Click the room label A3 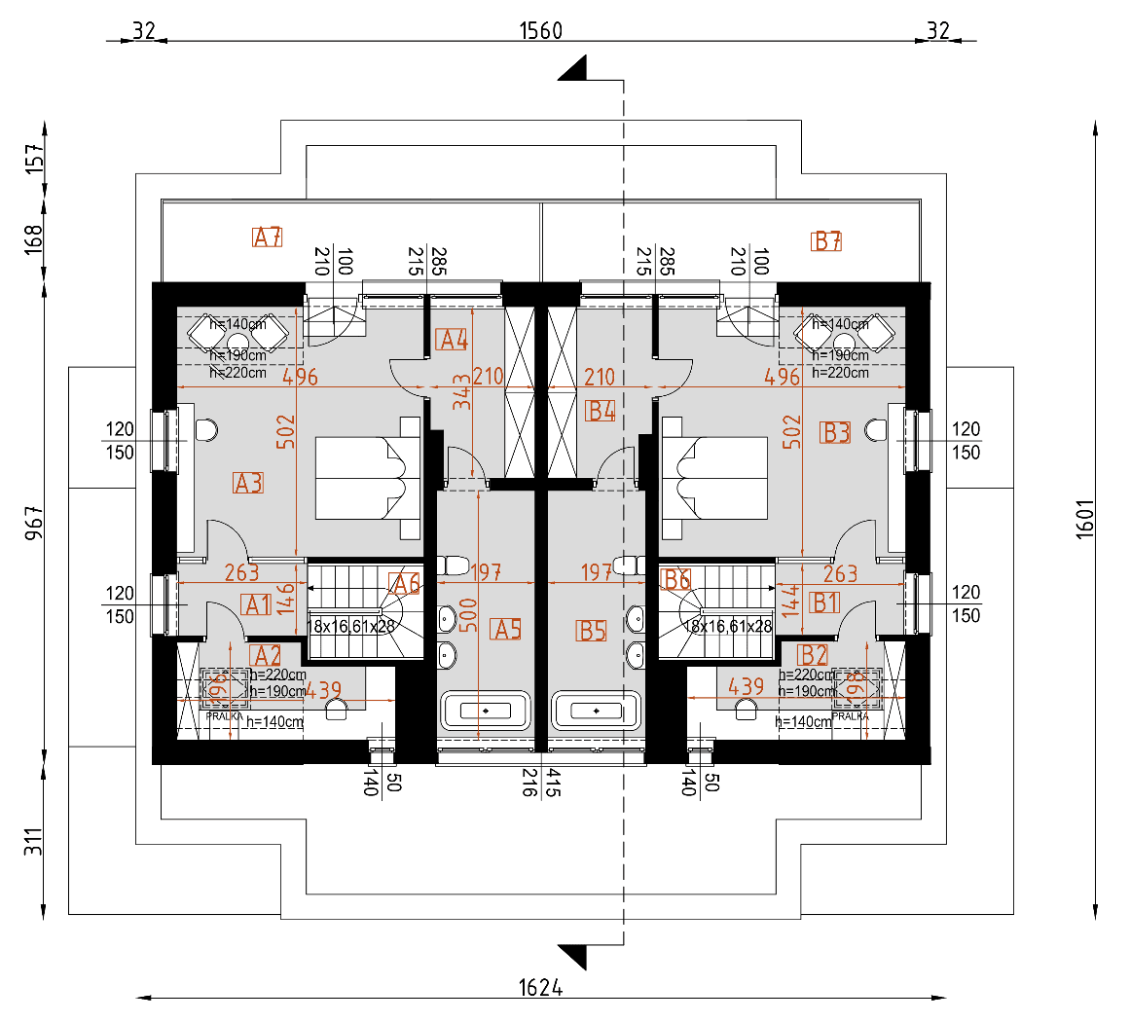(x=249, y=482)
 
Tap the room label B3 (x=836, y=432)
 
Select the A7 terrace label (x=268, y=237)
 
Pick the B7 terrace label (x=827, y=240)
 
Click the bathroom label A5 (x=508, y=630)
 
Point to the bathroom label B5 (x=592, y=632)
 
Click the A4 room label (x=454, y=340)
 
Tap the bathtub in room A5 (x=486, y=711)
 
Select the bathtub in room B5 (x=597, y=711)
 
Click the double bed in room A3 (x=368, y=478)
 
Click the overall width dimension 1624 (x=540, y=988)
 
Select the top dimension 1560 (x=540, y=30)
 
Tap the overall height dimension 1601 (x=1085, y=519)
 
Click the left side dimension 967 (x=35, y=523)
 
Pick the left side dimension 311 (x=35, y=841)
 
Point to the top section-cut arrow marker (x=573, y=69)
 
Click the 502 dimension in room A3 (x=285, y=432)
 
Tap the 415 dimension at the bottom (x=552, y=783)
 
